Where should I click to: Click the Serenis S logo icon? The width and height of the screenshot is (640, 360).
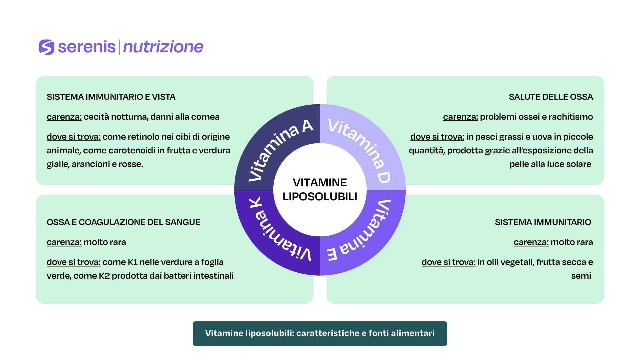(46, 47)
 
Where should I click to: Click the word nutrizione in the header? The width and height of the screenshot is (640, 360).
(163, 47)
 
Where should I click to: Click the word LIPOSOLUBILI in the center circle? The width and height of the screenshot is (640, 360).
(320, 197)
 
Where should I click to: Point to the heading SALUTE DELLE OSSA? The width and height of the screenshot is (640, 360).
(551, 97)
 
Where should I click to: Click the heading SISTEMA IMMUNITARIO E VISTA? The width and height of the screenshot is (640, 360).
(111, 97)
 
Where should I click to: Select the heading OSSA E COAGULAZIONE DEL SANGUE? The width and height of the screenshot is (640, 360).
(123, 222)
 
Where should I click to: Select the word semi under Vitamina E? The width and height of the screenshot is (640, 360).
(581, 276)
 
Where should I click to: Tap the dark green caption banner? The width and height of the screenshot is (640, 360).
(320, 333)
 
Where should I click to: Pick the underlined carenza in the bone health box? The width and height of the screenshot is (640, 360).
(460, 117)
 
